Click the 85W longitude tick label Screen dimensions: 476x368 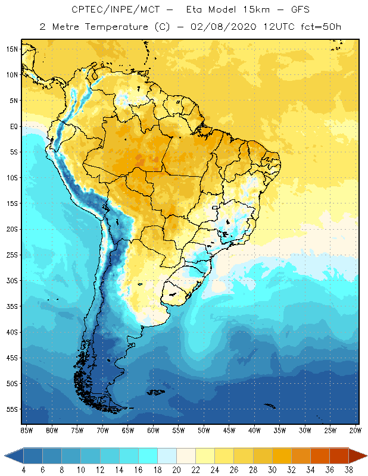pos(27,430)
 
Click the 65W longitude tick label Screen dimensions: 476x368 pos(128,430)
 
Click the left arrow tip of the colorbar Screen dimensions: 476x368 pos(6,456)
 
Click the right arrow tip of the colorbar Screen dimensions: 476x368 pos(366,456)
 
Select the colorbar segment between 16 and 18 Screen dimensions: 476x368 pos(148,456)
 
